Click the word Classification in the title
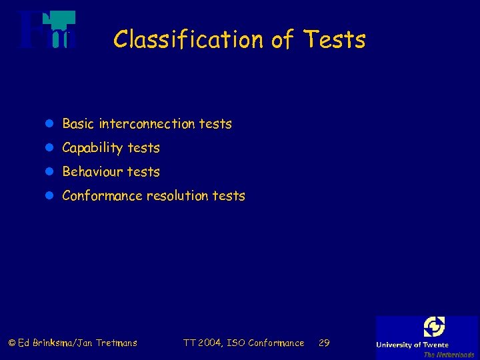click(189, 40)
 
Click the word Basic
click(78, 124)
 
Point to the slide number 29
click(324, 343)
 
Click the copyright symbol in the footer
click(11, 343)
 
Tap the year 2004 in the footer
click(210, 343)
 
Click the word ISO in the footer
click(236, 343)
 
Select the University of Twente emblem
click(434, 327)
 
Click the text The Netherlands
click(449, 355)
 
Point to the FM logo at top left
click(47, 30)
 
